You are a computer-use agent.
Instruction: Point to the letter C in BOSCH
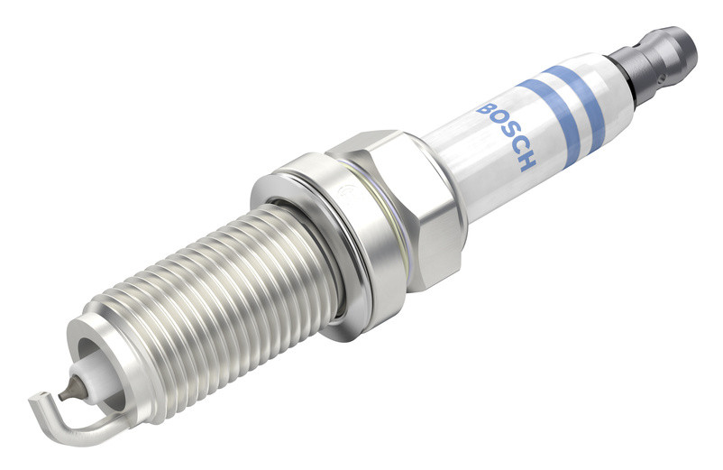point(518,147)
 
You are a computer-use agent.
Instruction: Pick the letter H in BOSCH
point(527,161)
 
